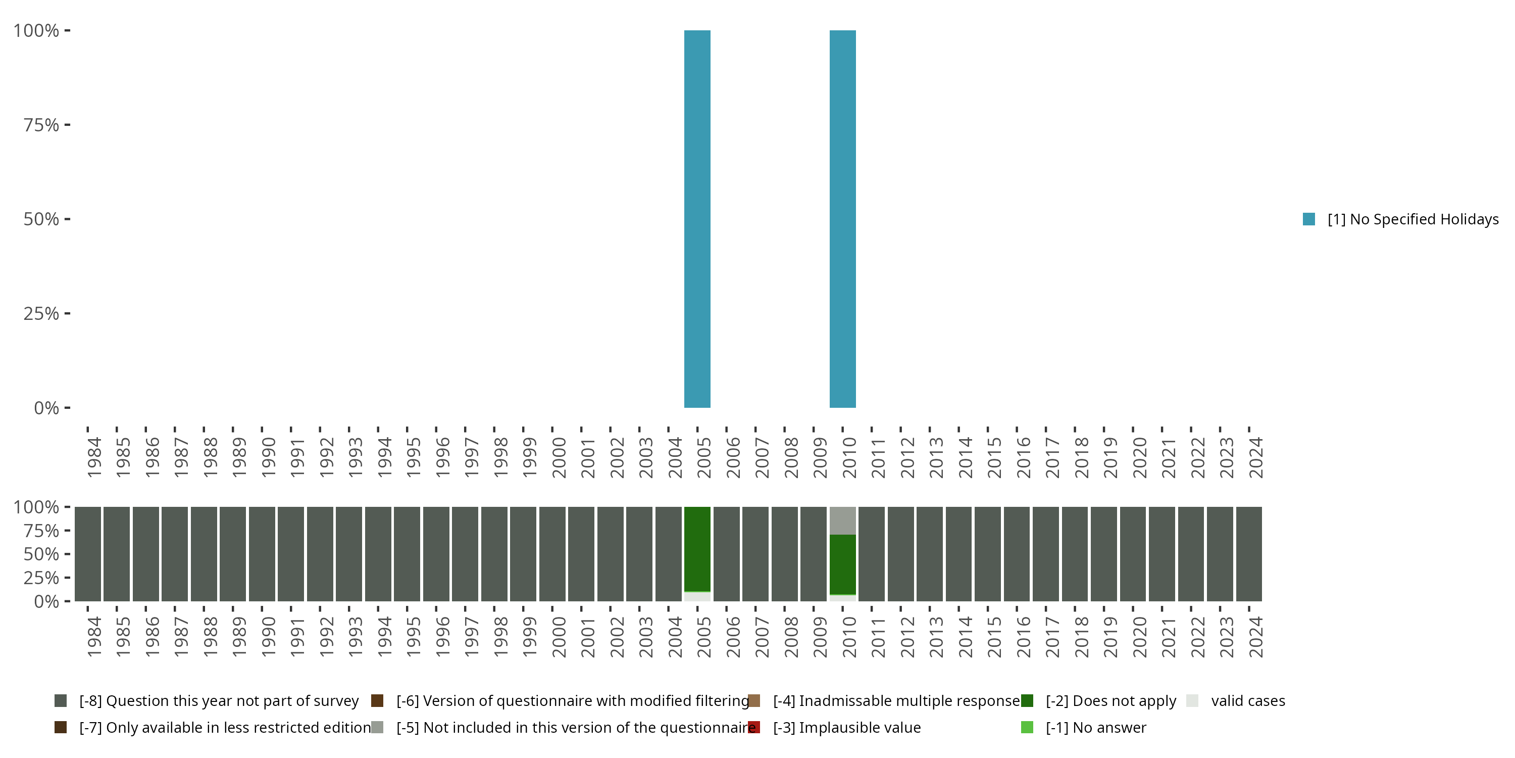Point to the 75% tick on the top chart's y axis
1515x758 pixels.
[x=67, y=125]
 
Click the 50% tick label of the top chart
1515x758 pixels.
[x=41, y=219]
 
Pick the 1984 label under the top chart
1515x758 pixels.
[x=94, y=457]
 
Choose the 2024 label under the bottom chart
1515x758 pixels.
[x=1255, y=637]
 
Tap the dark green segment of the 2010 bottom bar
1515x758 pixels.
[x=842, y=564]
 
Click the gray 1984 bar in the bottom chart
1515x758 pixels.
[x=88, y=554]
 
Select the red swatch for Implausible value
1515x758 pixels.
[x=754, y=727]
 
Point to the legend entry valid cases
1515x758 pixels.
[x=1247, y=701]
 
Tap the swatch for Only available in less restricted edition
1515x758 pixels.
[x=60, y=727]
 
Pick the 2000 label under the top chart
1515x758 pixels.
[x=559, y=457]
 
